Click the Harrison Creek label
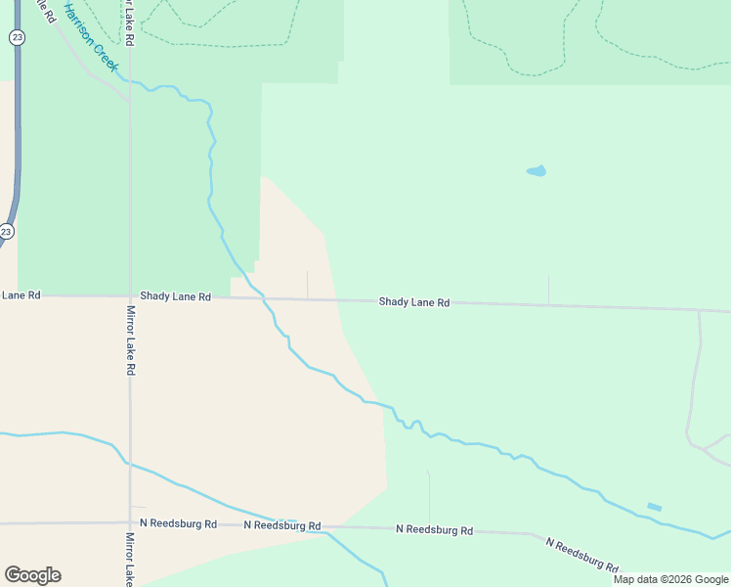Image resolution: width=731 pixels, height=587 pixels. pyautogui.click(x=91, y=37)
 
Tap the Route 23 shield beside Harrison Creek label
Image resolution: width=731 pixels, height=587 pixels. pyautogui.click(x=16, y=37)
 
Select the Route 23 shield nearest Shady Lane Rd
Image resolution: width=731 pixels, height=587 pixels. pyautogui.click(x=7, y=232)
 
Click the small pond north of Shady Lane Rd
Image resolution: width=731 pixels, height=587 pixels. pyautogui.click(x=537, y=171)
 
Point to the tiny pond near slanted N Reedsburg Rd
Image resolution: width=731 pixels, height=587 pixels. pyautogui.click(x=654, y=507)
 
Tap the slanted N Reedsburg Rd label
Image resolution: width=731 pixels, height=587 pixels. pyautogui.click(x=581, y=555)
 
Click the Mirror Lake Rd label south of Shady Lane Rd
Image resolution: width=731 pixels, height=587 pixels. pyautogui.click(x=130, y=340)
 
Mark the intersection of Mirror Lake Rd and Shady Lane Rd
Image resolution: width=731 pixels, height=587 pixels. pyautogui.click(x=130, y=296)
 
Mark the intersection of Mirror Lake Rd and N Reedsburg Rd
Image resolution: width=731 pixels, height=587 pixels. pyautogui.click(x=130, y=523)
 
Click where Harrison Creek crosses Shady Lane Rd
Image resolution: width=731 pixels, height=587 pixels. pyautogui.click(x=265, y=297)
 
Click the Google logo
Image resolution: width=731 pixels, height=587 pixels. pyautogui.click(x=32, y=575)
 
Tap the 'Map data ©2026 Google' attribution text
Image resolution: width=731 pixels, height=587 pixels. pyautogui.click(x=670, y=579)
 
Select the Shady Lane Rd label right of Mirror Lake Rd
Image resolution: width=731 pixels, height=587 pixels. pyautogui.click(x=175, y=295)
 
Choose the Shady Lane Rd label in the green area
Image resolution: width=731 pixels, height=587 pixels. pyautogui.click(x=414, y=302)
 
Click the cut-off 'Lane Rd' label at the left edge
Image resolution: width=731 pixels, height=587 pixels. pyautogui.click(x=21, y=294)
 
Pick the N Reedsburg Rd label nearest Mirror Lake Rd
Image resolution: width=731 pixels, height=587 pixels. pyautogui.click(x=178, y=523)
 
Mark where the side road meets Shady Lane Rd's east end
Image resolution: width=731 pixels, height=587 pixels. pyautogui.click(x=700, y=311)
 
